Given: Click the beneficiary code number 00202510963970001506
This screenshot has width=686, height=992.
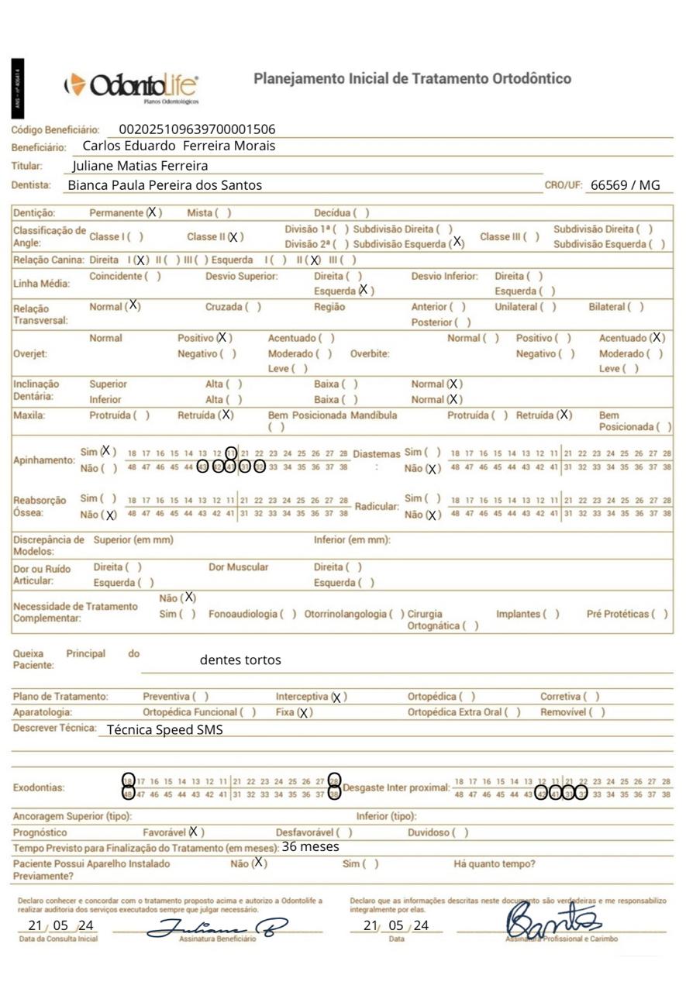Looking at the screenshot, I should [197, 129].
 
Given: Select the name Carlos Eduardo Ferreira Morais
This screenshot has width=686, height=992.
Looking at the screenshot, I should [178, 146].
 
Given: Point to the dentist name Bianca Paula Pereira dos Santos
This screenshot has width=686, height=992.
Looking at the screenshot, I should [164, 185].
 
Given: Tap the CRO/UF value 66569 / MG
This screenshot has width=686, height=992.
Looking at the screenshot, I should [625, 185].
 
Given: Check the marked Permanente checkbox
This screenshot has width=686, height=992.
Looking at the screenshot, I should [153, 212].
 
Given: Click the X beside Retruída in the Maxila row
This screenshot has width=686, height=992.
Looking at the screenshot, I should [226, 415].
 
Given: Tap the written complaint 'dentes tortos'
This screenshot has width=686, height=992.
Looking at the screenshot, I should [240, 660].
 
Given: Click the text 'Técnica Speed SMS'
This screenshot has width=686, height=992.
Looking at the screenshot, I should [164, 729].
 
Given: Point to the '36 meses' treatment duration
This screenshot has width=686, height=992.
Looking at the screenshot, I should [310, 847].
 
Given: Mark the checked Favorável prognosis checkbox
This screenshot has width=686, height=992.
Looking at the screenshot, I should [194, 832].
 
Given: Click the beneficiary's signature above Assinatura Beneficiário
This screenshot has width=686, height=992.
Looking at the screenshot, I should [217, 926].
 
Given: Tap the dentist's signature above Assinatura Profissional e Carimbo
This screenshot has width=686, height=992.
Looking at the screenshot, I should [552, 921].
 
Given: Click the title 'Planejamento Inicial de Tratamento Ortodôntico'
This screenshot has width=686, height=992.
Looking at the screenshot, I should [412, 79].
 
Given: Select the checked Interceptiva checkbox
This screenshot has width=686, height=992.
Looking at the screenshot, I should [336, 697].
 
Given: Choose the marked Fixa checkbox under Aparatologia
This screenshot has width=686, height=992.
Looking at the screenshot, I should [304, 713].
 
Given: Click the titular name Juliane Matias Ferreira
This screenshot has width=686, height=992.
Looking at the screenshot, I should [140, 166].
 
